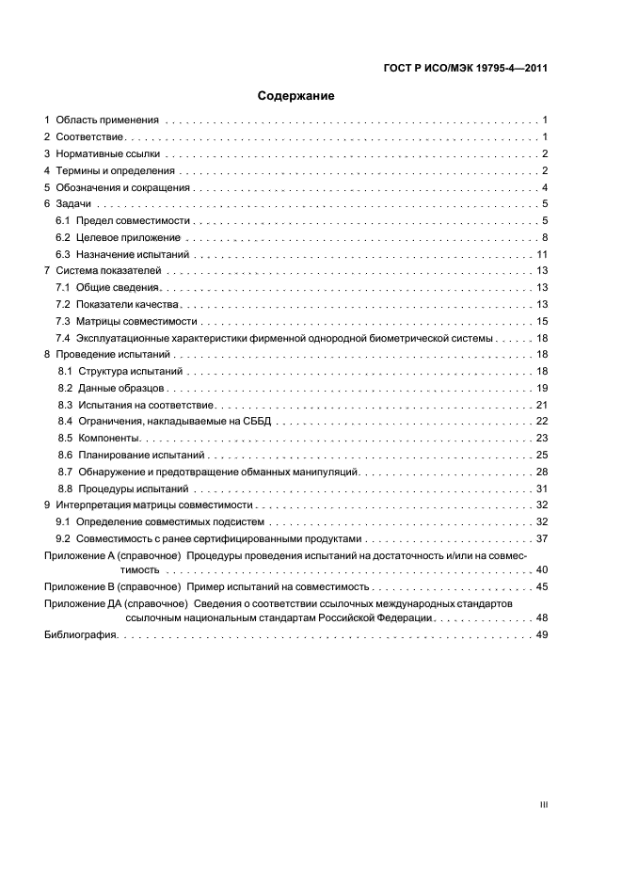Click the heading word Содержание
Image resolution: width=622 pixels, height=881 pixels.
(x=296, y=96)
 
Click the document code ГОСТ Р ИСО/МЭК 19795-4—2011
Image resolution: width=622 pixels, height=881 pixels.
(x=467, y=68)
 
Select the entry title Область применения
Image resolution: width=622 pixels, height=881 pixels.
(x=107, y=120)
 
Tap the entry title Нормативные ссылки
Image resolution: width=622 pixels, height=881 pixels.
(x=108, y=153)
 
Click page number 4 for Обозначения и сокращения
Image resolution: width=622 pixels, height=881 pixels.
(x=545, y=187)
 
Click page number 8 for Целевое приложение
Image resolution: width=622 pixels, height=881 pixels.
(x=545, y=237)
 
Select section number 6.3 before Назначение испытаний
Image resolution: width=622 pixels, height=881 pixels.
(x=63, y=254)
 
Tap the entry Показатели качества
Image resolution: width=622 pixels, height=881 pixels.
(x=128, y=304)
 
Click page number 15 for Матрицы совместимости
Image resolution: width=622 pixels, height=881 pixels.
(x=542, y=321)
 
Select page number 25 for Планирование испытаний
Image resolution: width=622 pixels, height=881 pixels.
(x=542, y=455)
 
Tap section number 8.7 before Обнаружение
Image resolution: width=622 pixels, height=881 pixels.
(x=65, y=472)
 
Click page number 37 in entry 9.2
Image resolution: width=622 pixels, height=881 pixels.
(x=542, y=538)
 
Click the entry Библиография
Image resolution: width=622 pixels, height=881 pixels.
(x=81, y=636)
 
